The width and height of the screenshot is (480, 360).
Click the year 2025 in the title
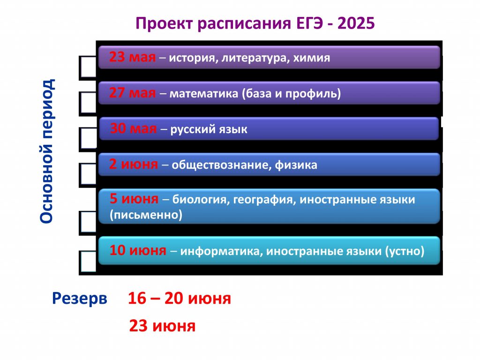pyautogui.click(x=356, y=23)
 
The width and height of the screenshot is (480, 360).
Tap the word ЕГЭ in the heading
pyautogui.click(x=310, y=23)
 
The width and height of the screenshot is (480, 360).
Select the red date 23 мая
pyautogui.click(x=132, y=57)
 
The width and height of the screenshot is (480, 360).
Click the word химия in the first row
pyautogui.click(x=312, y=58)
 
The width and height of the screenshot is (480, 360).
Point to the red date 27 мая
pyautogui.click(x=132, y=93)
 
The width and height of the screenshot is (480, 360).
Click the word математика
pyautogui.click(x=204, y=93)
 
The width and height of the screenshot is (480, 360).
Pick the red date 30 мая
pyautogui.click(x=133, y=128)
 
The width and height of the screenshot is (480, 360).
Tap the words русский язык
pyautogui.click(x=209, y=129)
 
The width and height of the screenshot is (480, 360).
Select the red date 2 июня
pyautogui.click(x=134, y=165)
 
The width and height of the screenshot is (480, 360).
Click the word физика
pyautogui.click(x=296, y=165)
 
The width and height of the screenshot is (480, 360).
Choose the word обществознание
pyautogui.click(x=221, y=165)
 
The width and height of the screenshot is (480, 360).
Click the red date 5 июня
pyautogui.click(x=134, y=199)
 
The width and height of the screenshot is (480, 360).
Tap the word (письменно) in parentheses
pyautogui.click(x=146, y=215)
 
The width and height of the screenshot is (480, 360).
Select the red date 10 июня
pyautogui.click(x=138, y=250)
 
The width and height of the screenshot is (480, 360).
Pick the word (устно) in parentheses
pyautogui.click(x=405, y=251)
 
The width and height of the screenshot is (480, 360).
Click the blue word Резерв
pyautogui.click(x=80, y=299)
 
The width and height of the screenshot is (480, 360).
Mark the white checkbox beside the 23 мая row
pyautogui.click(x=88, y=67)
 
